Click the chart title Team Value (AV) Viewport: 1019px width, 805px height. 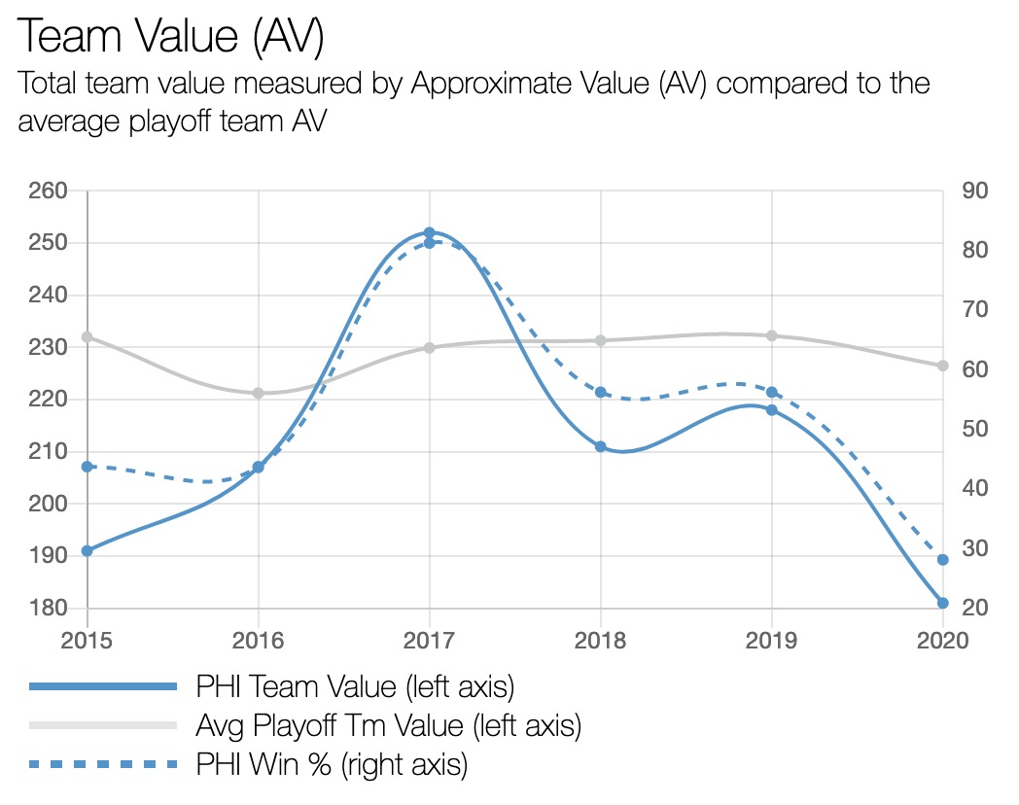(170, 36)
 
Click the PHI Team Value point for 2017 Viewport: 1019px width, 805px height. (429, 233)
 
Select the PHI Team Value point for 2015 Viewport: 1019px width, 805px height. (88, 550)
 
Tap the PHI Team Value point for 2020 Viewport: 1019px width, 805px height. (942, 603)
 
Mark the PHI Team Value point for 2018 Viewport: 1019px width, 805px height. (600, 446)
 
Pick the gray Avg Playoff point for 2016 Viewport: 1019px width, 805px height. (259, 393)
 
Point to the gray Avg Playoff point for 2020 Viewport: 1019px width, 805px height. (942, 366)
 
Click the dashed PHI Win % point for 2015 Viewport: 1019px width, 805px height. (88, 467)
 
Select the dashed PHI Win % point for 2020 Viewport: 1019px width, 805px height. (942, 560)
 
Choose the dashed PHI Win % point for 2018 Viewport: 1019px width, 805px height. (600, 392)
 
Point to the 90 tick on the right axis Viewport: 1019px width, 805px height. (974, 191)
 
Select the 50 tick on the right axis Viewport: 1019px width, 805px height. (974, 429)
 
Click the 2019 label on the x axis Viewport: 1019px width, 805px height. (771, 641)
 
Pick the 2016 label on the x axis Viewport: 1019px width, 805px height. (259, 641)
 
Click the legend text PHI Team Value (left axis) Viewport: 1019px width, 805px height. (354, 686)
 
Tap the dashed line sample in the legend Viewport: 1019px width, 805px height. (103, 764)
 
